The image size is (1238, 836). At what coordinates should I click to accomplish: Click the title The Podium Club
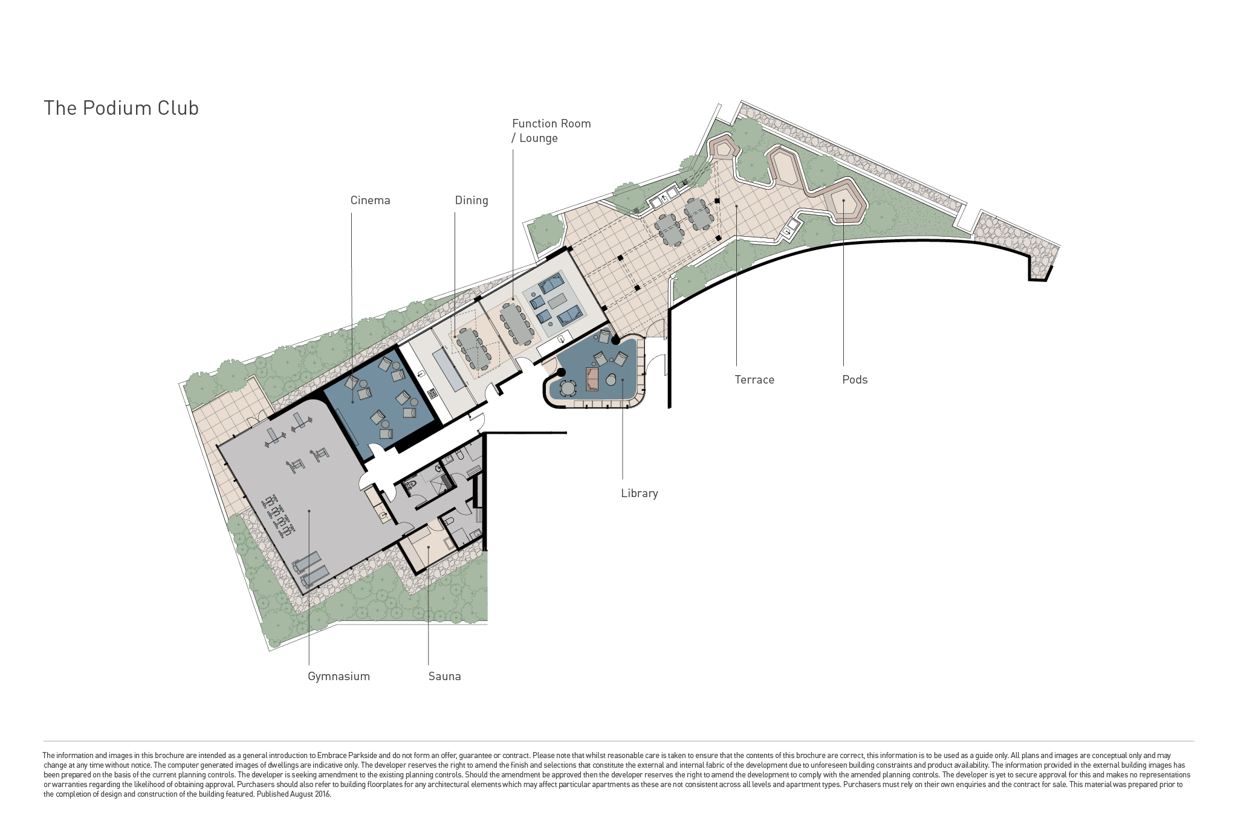click(x=122, y=108)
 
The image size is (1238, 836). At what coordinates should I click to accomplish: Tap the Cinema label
click(x=370, y=201)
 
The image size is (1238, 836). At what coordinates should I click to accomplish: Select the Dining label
click(x=472, y=201)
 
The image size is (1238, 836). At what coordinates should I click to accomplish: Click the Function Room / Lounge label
click(x=551, y=130)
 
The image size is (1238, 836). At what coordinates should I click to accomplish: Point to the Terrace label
click(x=754, y=380)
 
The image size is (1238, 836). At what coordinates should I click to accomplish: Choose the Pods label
click(x=855, y=380)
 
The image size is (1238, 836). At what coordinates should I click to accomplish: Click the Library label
click(x=640, y=494)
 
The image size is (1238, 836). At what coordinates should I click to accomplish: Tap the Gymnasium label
click(x=339, y=677)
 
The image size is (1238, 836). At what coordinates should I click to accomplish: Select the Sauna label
click(x=445, y=677)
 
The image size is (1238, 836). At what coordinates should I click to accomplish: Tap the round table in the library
click(x=568, y=387)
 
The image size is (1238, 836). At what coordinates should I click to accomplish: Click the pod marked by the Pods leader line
click(x=844, y=201)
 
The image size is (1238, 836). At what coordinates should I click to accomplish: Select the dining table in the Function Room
click(x=516, y=323)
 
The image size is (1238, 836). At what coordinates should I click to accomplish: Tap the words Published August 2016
click(x=294, y=794)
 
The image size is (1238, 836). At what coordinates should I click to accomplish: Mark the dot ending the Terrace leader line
click(x=736, y=206)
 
